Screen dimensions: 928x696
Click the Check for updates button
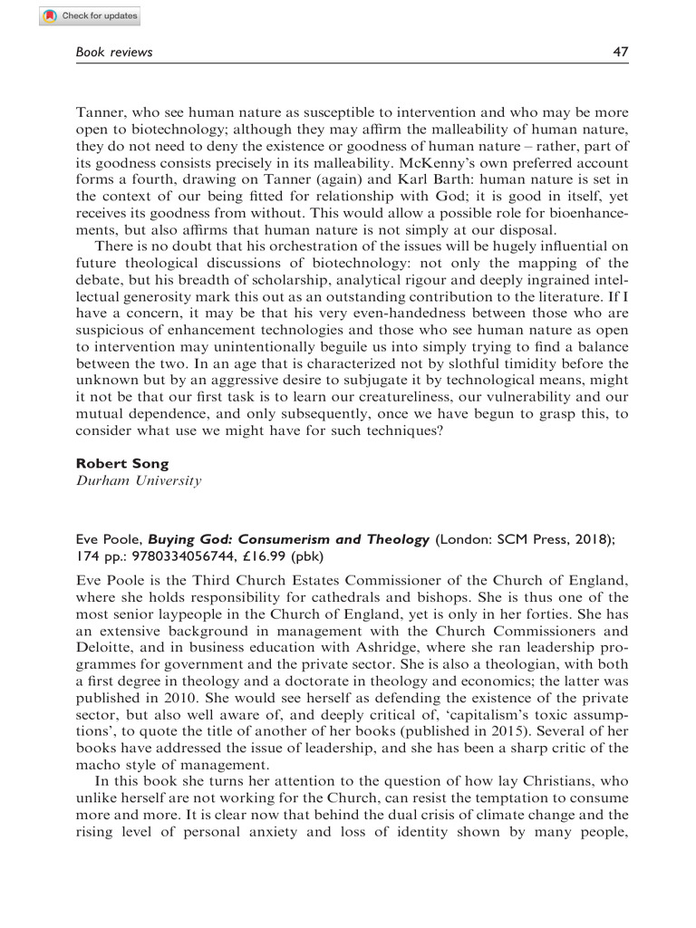[91, 16]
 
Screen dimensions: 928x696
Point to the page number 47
[621, 53]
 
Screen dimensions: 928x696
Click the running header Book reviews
[113, 53]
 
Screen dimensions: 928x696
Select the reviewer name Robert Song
[117, 464]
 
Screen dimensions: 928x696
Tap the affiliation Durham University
[137, 481]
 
